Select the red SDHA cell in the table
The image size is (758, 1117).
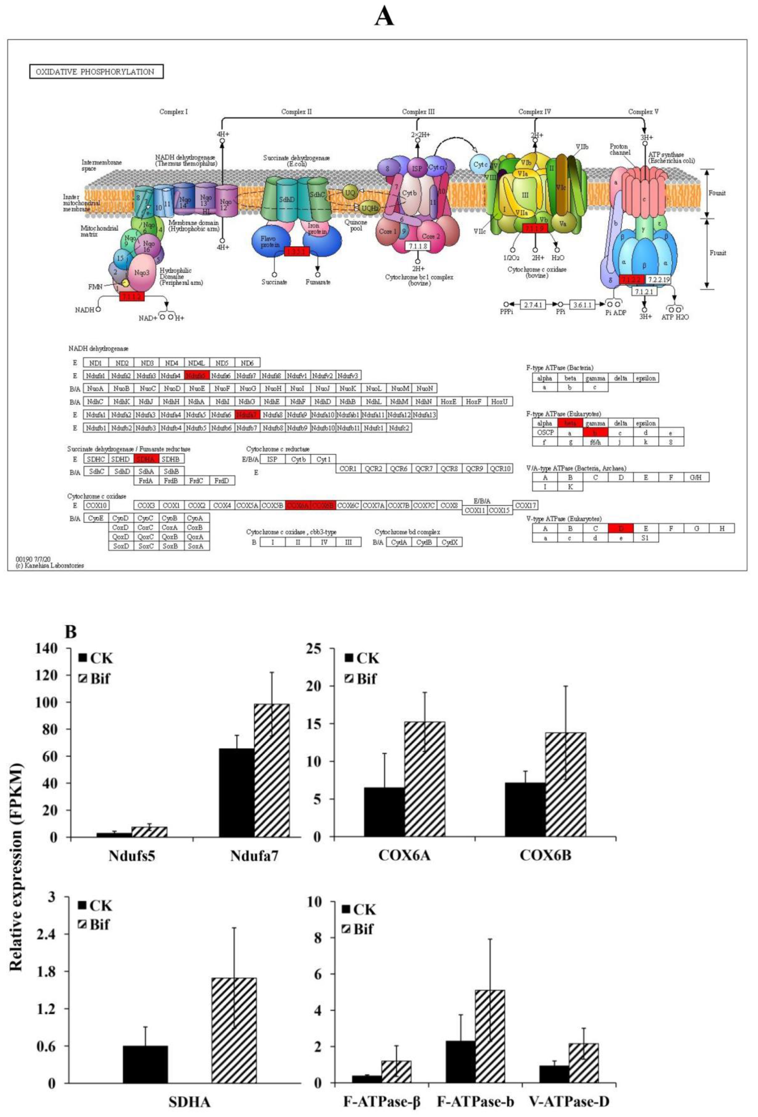click(146, 459)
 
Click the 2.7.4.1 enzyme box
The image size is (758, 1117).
click(533, 304)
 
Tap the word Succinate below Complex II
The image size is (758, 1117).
click(274, 282)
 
